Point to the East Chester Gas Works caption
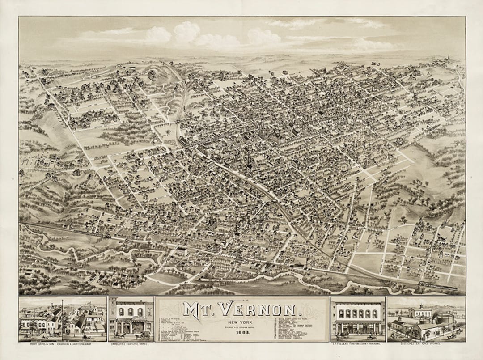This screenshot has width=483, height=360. pyautogui.click(x=425, y=345)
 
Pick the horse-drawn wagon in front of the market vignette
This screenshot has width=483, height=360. pyautogui.click(x=144, y=335)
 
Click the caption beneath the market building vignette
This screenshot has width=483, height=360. pyautogui.click(x=131, y=345)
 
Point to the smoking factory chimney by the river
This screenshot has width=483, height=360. pyautogui.click(x=307, y=261)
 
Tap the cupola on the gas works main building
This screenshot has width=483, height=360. pyautogui.click(x=420, y=308)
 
